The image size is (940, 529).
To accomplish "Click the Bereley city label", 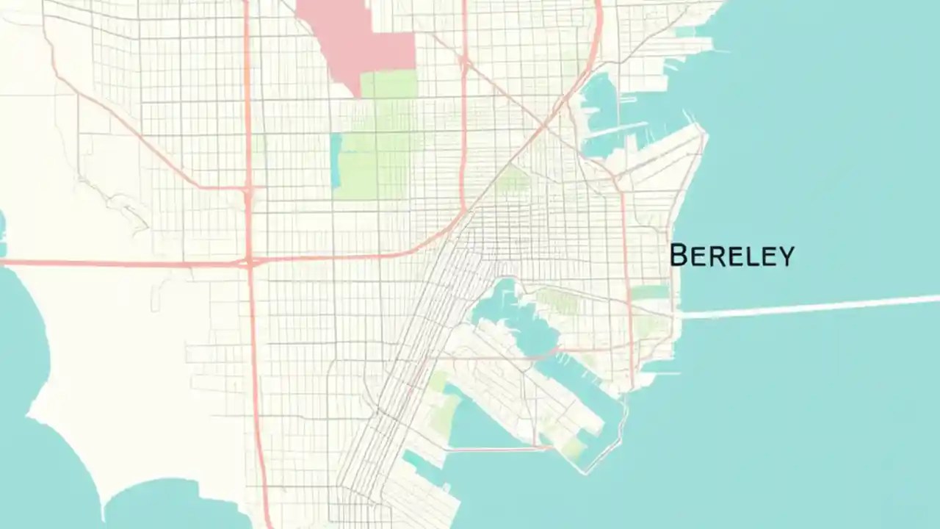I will tap(731, 255).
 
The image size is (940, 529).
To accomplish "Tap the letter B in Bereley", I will tap(679, 255).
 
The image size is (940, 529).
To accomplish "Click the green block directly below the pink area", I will tap(387, 84).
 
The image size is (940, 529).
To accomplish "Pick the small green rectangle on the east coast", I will tap(649, 292).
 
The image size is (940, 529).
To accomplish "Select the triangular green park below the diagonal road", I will tap(512, 179).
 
